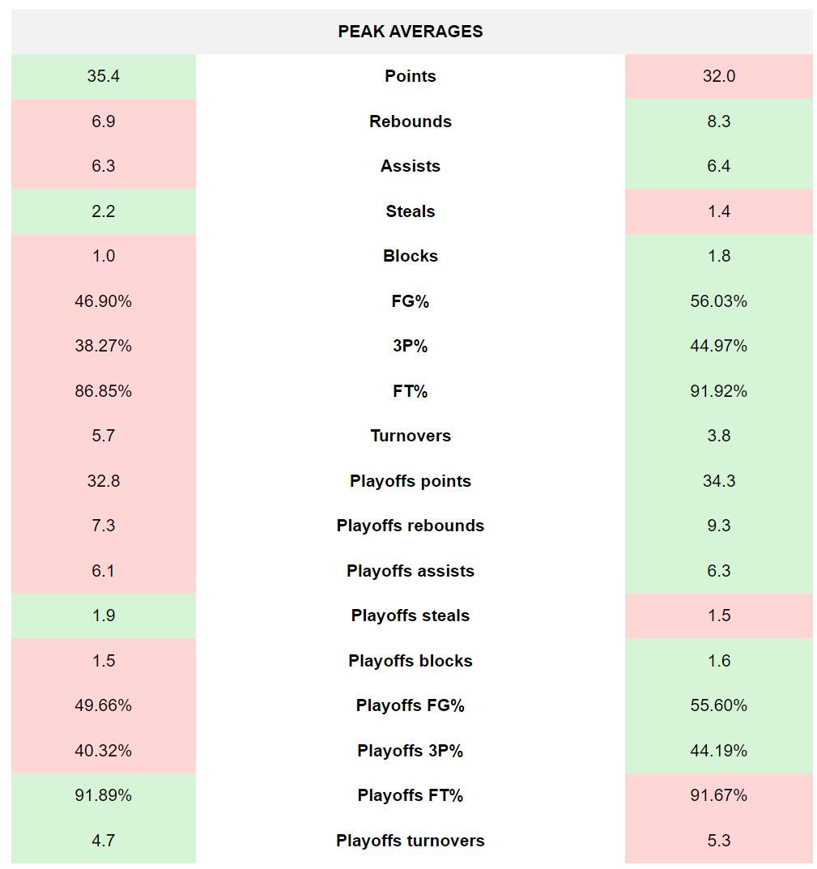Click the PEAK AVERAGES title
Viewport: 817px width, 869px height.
410,32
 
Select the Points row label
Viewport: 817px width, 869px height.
410,76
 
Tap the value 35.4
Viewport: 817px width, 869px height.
104,76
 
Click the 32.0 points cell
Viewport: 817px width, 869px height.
718,76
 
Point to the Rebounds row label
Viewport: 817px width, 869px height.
410,121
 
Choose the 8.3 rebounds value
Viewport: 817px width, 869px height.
718,121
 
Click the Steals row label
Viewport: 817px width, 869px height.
410,211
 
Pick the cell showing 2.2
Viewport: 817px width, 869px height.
104,211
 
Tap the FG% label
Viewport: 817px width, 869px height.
410,301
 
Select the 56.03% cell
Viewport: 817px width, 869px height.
718,301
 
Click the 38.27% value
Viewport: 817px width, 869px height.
104,346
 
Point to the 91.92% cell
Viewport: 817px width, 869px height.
718,391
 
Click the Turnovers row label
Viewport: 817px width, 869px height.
410,436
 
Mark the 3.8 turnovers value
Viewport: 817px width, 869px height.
718,436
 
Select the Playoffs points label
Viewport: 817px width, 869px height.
410,481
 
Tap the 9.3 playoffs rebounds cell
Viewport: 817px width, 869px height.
718,526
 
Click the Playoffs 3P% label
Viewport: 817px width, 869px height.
410,751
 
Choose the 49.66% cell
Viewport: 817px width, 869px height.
104,705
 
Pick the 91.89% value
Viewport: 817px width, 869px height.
104,795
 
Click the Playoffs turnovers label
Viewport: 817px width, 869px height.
410,841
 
